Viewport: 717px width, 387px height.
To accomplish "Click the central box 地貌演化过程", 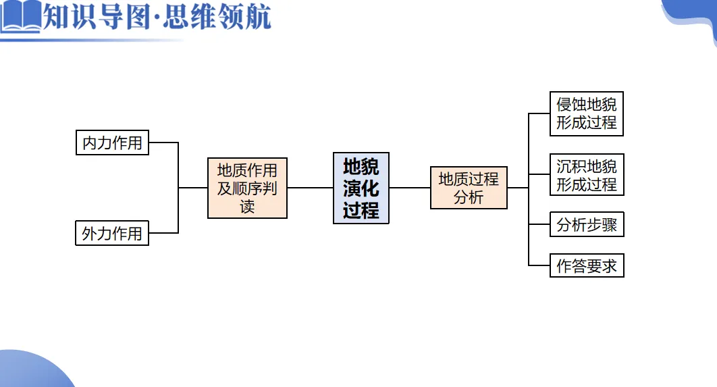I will point(361,188).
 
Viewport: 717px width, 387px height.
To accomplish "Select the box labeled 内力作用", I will point(112,143).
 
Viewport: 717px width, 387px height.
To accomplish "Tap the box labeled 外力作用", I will point(112,234).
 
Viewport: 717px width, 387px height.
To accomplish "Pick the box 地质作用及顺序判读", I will point(247,188).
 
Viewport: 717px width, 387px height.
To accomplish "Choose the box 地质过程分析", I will point(469,188).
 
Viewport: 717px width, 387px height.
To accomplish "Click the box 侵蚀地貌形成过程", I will point(586,113).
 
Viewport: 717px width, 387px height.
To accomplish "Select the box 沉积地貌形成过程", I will point(586,175).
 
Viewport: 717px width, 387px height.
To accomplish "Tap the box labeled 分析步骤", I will point(586,225).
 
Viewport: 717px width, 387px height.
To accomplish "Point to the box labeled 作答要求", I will point(586,265).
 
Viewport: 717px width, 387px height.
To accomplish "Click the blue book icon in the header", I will point(20,17).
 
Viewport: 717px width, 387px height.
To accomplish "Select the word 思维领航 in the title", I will point(221,17).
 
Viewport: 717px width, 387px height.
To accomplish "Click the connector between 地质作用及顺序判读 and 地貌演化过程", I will point(310,188).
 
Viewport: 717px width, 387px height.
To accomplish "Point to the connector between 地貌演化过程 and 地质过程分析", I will point(410,188).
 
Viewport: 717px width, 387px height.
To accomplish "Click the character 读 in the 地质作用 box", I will point(247,206).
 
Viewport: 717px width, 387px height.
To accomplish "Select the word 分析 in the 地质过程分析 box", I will point(469,197).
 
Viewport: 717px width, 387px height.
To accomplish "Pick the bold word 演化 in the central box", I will point(361,188).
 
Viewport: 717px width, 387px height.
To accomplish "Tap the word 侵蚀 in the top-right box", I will point(571,105).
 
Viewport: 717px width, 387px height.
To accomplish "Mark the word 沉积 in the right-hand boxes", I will point(571,166).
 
